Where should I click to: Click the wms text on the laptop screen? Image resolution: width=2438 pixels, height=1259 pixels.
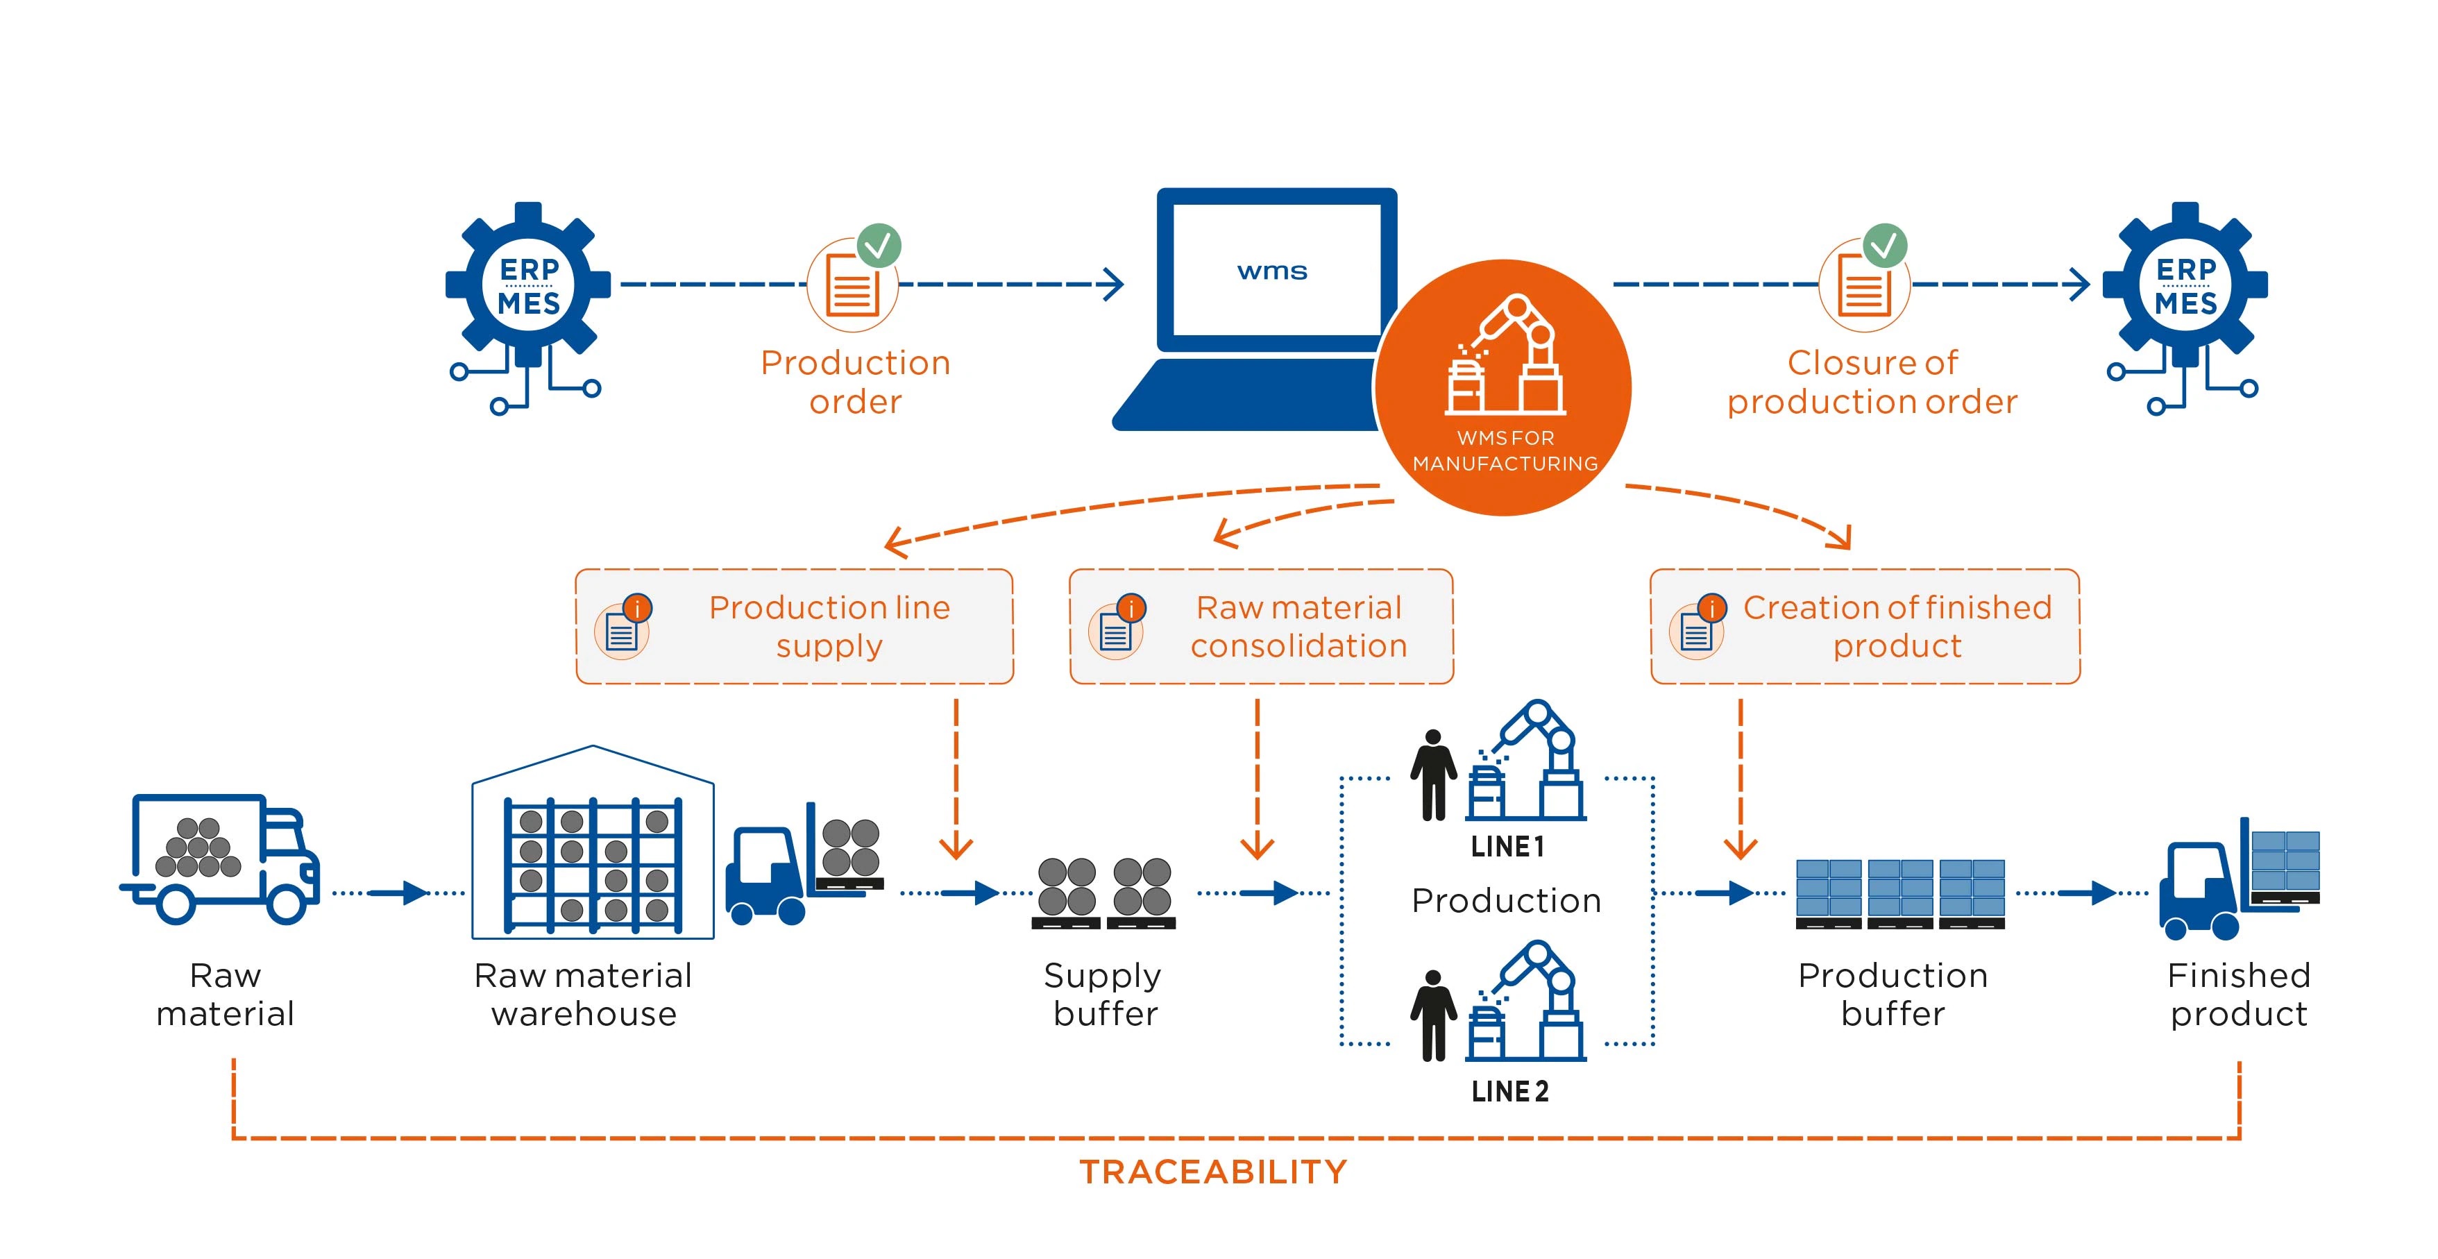1272,271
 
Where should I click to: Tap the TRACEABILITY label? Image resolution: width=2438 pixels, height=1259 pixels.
1213,1172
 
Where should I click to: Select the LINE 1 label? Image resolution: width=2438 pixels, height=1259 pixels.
1507,846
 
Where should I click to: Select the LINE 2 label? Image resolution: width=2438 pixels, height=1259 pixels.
1509,1092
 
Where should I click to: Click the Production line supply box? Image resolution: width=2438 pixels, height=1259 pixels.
794,627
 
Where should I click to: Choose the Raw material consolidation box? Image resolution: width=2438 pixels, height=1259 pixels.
1261,627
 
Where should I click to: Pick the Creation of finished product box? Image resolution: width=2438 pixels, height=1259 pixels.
1865,627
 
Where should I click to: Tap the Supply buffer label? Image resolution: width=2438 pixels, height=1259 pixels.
1104,994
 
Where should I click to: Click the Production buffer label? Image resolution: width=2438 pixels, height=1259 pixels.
1893,994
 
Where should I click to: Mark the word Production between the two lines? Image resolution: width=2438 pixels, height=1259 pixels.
1506,900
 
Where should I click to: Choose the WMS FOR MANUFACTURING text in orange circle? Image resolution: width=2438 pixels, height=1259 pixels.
1505,450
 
